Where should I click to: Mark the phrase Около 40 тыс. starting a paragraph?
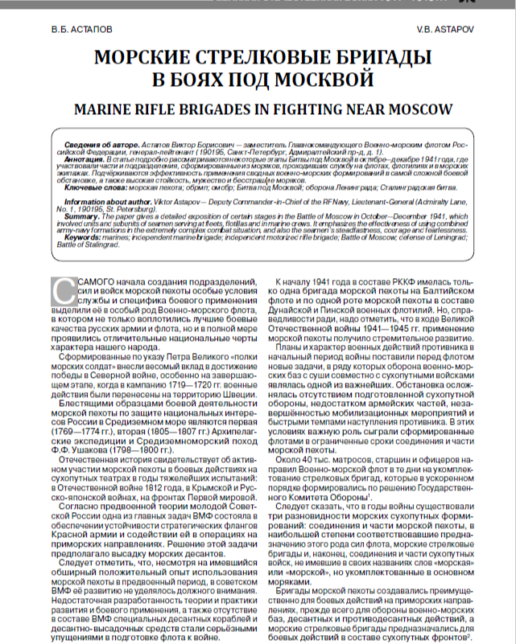[x=307, y=457]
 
